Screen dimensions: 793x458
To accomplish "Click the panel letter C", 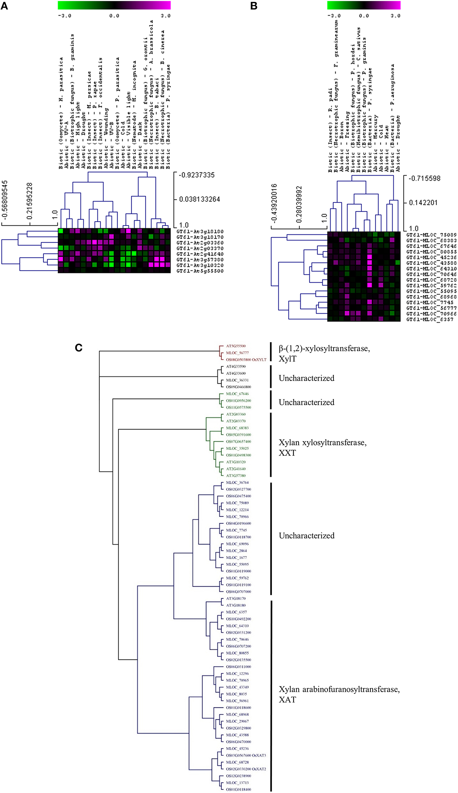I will click(x=79, y=348).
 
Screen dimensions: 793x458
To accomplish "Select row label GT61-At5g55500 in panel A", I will click(x=200, y=271).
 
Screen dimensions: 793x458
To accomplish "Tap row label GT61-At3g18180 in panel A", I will click(x=200, y=232).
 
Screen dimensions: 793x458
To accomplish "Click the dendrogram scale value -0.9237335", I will click(x=197, y=175).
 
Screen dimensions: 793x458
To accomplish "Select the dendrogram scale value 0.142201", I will click(x=423, y=203).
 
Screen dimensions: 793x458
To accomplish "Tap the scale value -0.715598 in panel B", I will click(x=424, y=178).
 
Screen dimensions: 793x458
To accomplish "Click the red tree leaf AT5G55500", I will click(x=236, y=346).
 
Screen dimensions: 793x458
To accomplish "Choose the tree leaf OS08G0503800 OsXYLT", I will click(x=246, y=359).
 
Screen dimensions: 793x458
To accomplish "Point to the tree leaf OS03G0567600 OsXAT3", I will click(x=246, y=755).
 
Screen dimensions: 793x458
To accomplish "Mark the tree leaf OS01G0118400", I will click(x=238, y=789).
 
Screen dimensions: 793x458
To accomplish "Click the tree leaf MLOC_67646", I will click(x=237, y=394).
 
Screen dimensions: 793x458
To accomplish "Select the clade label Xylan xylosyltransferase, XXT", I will click(x=322, y=448).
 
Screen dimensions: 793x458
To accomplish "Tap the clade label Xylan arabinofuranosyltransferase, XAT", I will click(x=339, y=694).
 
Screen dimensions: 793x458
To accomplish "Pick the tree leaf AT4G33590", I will click(x=236, y=366).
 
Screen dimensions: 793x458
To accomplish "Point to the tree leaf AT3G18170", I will click(x=236, y=599).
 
